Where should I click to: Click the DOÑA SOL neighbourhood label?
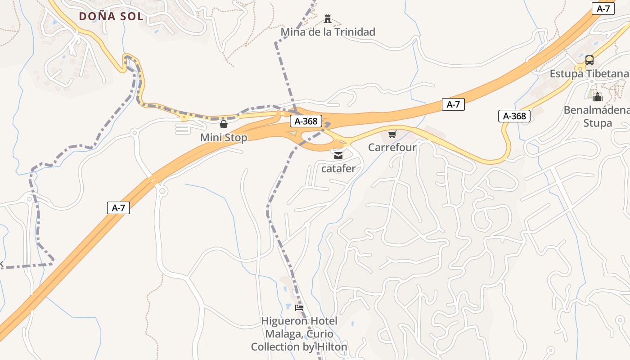pos(111,17)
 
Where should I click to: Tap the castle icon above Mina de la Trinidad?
pos(328,19)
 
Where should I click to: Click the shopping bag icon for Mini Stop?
pos(224,124)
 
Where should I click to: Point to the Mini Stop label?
pos(224,138)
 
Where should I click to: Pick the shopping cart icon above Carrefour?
pos(392,134)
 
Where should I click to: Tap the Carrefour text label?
pos(392,147)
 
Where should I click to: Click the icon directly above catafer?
pos(338,156)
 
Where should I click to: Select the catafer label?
pos(338,169)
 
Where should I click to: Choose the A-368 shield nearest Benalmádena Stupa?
pos(514,116)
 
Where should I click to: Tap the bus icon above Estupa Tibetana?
pos(589,60)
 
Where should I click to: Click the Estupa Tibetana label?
pos(589,74)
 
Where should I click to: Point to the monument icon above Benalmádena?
pos(598,97)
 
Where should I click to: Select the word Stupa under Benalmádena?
pos(598,123)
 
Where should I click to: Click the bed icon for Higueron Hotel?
pos(299,308)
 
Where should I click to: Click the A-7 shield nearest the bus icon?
pos(603,9)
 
